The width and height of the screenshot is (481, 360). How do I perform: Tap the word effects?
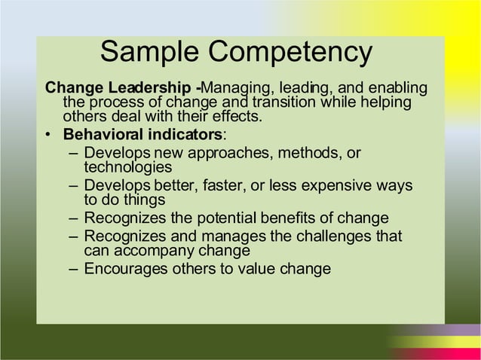point(236,117)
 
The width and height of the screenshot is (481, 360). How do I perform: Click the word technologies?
point(128,167)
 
